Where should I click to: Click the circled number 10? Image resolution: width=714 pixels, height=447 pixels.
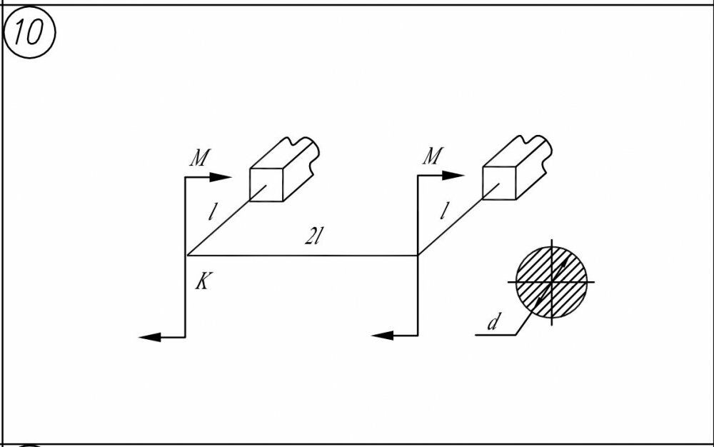(x=29, y=34)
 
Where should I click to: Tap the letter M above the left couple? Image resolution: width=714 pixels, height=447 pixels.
(x=199, y=159)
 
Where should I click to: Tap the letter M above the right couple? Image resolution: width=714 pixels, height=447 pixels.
(x=432, y=156)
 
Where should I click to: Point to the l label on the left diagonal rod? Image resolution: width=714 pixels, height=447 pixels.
(x=212, y=211)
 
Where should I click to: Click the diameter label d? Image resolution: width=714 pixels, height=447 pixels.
(x=493, y=323)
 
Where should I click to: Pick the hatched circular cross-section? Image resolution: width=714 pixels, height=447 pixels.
(x=552, y=282)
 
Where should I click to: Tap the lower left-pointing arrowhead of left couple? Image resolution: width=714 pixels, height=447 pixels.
(x=149, y=336)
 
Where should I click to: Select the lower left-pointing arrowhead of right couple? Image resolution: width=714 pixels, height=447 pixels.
(x=382, y=335)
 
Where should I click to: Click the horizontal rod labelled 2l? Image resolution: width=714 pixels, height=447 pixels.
(x=300, y=255)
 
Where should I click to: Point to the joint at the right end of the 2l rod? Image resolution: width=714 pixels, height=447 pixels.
(x=417, y=255)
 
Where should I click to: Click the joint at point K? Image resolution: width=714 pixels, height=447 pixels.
(x=186, y=255)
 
